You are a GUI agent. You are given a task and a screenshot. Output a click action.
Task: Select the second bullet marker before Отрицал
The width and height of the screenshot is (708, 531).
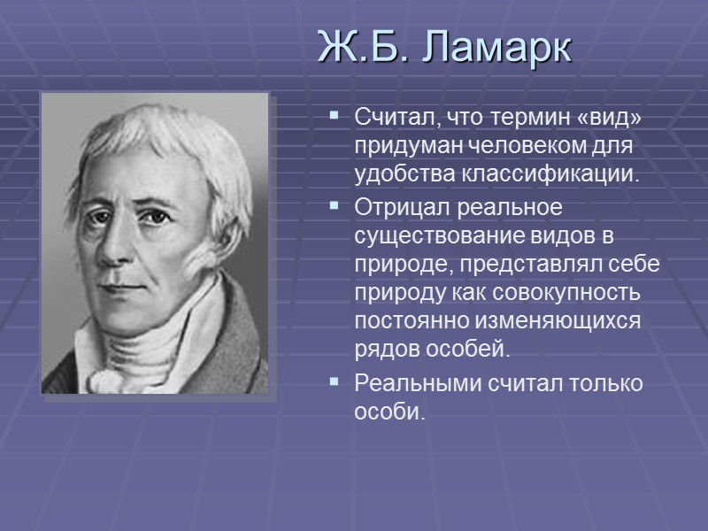point(334,205)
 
